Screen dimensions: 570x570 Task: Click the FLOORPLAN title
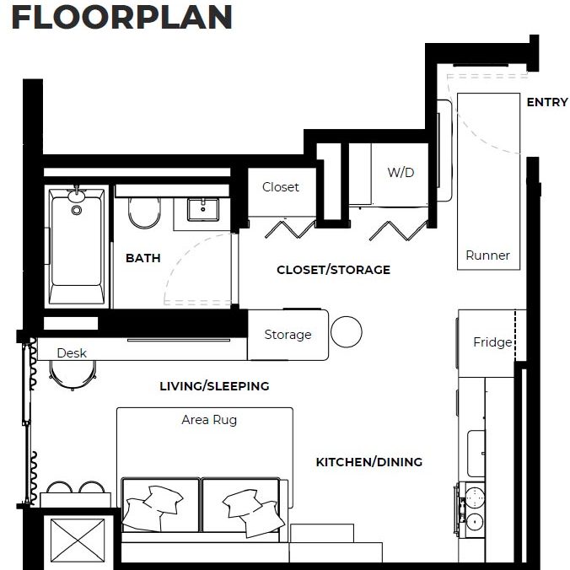121,18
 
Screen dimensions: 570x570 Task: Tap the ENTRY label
547,102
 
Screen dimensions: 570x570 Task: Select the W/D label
401,173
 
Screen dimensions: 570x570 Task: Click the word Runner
487,255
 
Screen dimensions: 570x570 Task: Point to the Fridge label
492,342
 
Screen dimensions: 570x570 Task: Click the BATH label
142,258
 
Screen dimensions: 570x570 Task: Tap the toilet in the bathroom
144,213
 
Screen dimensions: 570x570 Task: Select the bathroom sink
202,209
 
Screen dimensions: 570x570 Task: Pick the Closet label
280,187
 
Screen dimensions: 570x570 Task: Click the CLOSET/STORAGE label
333,270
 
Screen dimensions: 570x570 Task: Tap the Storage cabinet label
288,335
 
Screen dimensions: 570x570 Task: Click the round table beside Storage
346,332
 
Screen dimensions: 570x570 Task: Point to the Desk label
72,352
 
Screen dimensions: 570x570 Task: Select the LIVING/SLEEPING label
214,386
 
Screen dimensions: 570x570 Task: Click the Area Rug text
209,419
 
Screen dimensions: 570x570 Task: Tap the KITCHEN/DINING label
368,462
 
